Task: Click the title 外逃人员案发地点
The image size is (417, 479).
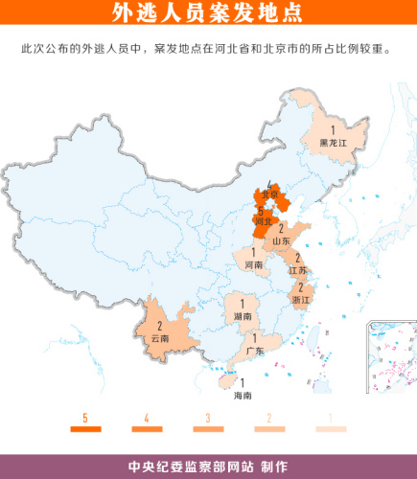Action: pyautogui.click(x=207, y=12)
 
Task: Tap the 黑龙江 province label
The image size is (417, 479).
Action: pyautogui.click(x=332, y=142)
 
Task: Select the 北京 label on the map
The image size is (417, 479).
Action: pyautogui.click(x=270, y=195)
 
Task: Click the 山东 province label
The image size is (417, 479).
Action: pyautogui.click(x=281, y=241)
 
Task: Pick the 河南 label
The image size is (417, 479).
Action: pyautogui.click(x=254, y=263)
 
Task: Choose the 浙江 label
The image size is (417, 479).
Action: pyautogui.click(x=301, y=300)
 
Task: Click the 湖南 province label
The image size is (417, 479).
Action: pyautogui.click(x=243, y=315)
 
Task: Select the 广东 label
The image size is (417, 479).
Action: pyautogui.click(x=255, y=351)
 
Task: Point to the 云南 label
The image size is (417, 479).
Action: pyautogui.click(x=159, y=338)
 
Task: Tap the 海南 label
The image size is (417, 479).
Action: pyautogui.click(x=243, y=395)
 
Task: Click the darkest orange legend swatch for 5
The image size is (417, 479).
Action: pyautogui.click(x=85, y=430)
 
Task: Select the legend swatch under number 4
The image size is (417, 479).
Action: pyautogui.click(x=146, y=430)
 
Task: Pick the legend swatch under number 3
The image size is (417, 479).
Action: pyautogui.click(x=207, y=430)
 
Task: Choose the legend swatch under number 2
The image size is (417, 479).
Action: pyautogui.click(x=268, y=430)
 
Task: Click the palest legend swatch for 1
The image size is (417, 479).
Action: pyautogui.click(x=330, y=430)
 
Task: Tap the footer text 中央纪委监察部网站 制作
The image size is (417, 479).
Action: pyautogui.click(x=207, y=467)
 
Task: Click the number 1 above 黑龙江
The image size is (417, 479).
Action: pyautogui.click(x=333, y=129)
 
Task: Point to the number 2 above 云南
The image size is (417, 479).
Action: pyautogui.click(x=159, y=326)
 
